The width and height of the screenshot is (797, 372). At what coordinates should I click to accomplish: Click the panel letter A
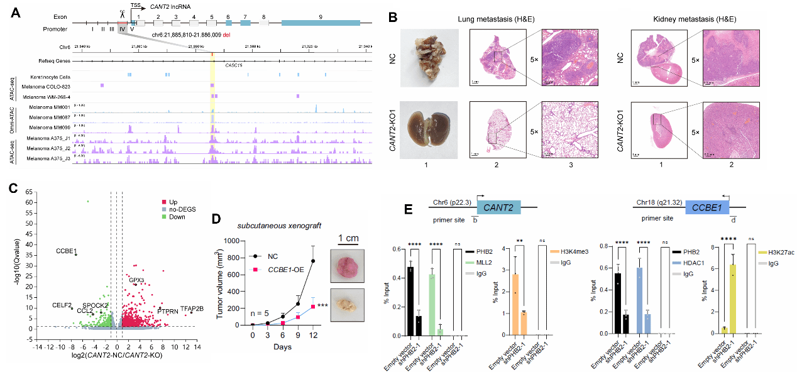click(13, 12)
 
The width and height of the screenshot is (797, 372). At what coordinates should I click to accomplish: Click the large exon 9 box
click(321, 22)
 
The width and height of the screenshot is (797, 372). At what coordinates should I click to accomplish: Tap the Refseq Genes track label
click(54, 62)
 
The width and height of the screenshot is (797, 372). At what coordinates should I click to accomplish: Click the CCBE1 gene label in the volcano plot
click(66, 251)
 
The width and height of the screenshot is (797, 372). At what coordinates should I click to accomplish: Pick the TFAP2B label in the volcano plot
click(191, 309)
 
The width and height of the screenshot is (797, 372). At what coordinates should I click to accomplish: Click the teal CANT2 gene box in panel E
click(499, 207)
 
